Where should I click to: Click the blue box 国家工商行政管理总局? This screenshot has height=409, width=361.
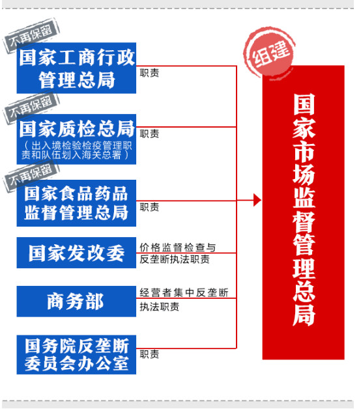[76, 68]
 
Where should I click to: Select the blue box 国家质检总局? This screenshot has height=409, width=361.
[76, 139]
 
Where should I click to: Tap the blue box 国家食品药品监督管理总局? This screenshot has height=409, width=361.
[76, 203]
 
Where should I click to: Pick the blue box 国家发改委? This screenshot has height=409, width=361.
[76, 253]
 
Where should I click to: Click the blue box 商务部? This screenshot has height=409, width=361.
[76, 302]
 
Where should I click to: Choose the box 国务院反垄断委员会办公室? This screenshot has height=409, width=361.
[76, 354]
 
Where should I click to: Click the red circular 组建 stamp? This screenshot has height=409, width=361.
[269, 52]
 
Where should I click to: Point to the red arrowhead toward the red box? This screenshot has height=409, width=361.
[257, 201]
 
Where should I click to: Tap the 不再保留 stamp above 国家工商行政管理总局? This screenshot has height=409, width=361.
[31, 35]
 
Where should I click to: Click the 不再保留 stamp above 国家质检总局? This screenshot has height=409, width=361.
[31, 107]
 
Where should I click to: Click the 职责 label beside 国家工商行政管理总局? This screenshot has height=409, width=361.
[149, 73]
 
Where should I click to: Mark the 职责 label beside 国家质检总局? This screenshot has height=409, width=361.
[149, 134]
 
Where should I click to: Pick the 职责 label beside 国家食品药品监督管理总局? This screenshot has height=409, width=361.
[149, 207]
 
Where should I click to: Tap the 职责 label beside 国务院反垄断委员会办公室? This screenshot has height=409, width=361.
[149, 354]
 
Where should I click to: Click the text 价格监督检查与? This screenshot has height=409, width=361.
[177, 247]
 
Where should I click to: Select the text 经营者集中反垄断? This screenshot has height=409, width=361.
[184, 292]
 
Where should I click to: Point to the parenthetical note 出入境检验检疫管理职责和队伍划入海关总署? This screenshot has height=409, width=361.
[76, 150]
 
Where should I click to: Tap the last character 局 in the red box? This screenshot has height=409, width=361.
[304, 315]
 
